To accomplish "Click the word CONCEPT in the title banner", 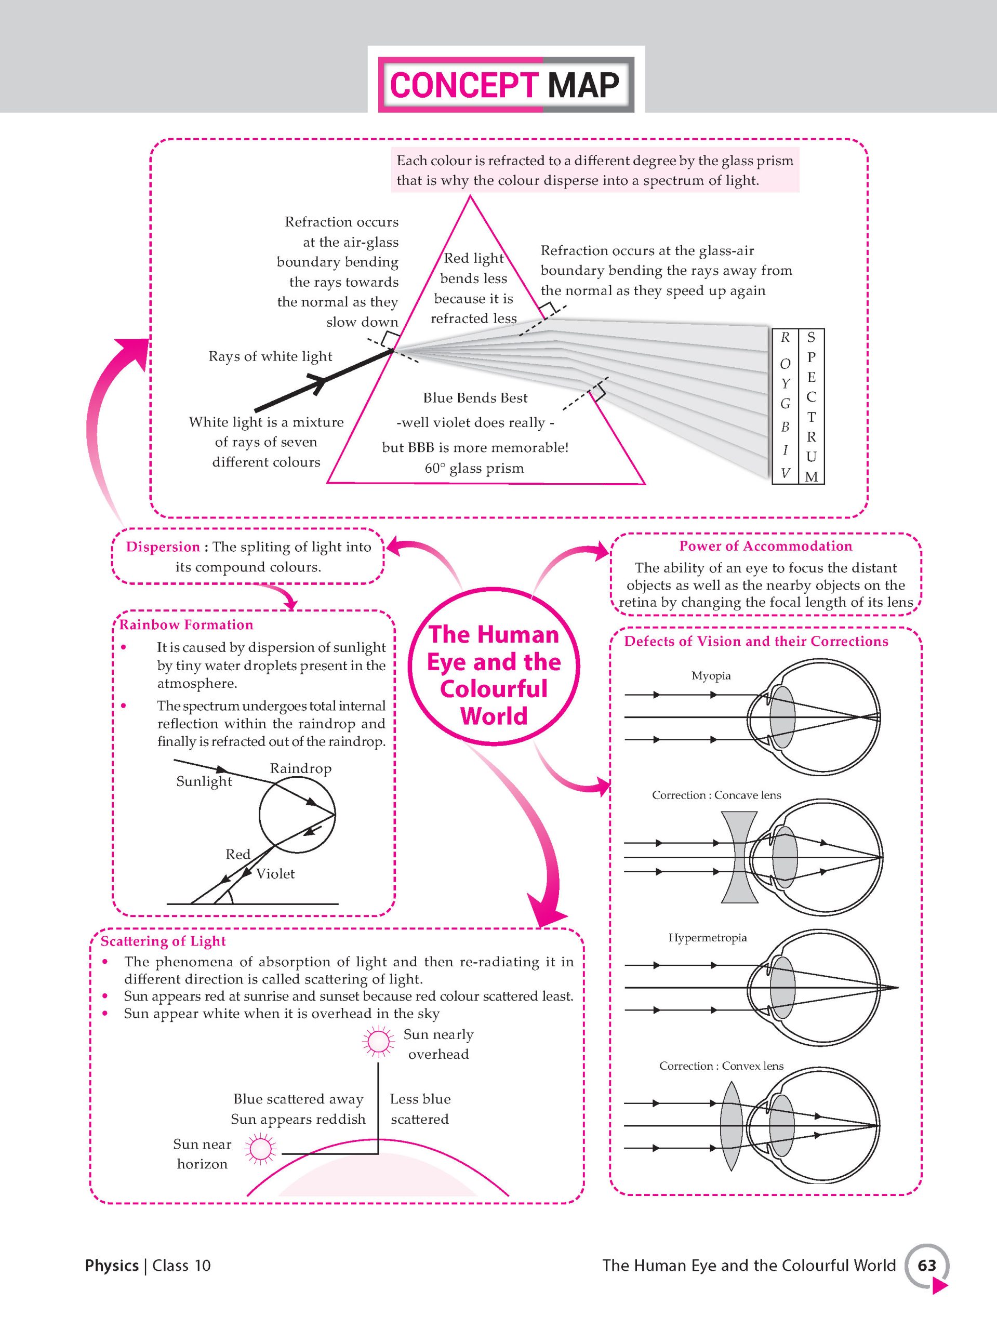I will pyautogui.click(x=463, y=85).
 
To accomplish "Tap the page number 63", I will pyautogui.click(x=927, y=1265).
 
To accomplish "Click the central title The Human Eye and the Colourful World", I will pyautogui.click(x=494, y=675).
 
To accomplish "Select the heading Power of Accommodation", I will pyautogui.click(x=765, y=546).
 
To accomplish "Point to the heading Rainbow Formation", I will pyautogui.click(x=187, y=624).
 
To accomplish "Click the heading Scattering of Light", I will pyautogui.click(x=163, y=941).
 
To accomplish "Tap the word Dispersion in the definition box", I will pyautogui.click(x=163, y=547).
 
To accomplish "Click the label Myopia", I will pyautogui.click(x=711, y=676).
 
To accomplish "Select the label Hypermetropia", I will pyautogui.click(x=707, y=937).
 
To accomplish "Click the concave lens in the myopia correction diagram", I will pyautogui.click(x=739, y=857).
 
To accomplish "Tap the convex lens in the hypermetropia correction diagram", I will pyautogui.click(x=730, y=1125).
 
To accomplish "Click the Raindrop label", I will pyautogui.click(x=300, y=768).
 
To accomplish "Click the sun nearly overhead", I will pyautogui.click(x=378, y=1041).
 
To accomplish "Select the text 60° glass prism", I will pyautogui.click(x=474, y=469).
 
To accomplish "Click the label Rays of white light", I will pyautogui.click(x=270, y=356).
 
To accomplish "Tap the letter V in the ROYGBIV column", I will pyautogui.click(x=785, y=473).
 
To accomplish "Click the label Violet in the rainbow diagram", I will pyautogui.click(x=275, y=874).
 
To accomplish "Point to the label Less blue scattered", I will pyautogui.click(x=420, y=1109).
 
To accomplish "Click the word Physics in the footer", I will pyautogui.click(x=112, y=1266).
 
